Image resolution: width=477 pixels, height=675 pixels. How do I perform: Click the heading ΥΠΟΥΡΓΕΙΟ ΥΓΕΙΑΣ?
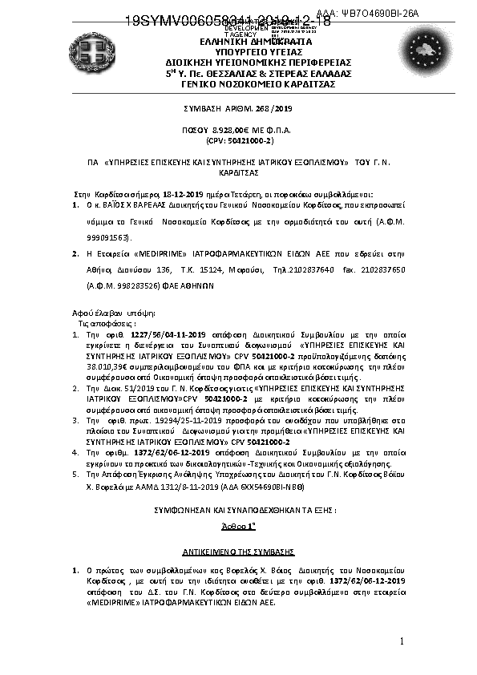235,51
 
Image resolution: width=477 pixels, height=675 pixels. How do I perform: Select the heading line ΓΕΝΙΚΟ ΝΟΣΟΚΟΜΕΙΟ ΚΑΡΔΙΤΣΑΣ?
235,83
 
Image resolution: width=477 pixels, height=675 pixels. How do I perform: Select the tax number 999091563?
109,238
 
